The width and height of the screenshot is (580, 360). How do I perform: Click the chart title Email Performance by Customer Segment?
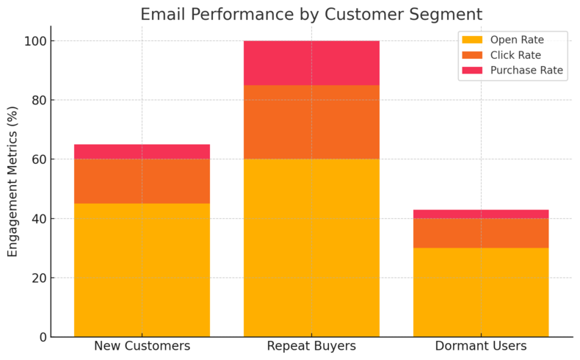tap(311, 15)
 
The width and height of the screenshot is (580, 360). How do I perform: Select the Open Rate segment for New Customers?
tap(142, 270)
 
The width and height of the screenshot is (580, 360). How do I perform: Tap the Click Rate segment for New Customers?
tap(142, 181)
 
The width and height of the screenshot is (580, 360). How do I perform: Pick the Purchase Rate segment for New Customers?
tap(142, 152)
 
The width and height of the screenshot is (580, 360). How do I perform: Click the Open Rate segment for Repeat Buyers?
tap(311, 248)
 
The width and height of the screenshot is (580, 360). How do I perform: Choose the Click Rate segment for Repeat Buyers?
tap(311, 122)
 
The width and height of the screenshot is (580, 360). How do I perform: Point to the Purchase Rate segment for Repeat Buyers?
tap(311, 63)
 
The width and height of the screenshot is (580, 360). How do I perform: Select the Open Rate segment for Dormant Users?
tap(481, 292)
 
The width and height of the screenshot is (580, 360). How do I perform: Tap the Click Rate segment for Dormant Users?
tap(481, 233)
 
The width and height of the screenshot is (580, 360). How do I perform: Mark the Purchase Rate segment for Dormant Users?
tap(481, 214)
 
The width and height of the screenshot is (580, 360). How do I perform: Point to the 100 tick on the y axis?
tap(36, 41)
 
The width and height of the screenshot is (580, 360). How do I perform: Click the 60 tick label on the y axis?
tap(39, 159)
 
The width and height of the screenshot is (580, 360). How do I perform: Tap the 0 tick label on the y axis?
tap(43, 337)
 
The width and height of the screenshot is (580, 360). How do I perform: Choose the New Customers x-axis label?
tap(142, 346)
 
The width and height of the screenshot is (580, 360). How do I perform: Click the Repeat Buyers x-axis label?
tap(311, 346)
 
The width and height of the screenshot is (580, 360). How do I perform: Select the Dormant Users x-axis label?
tap(481, 346)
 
